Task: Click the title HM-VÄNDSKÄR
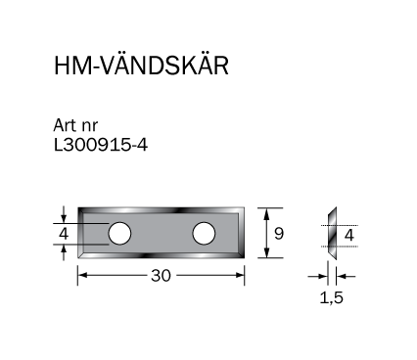[141, 66]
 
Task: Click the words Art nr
[75, 125]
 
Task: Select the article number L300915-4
[101, 145]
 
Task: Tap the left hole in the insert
[119, 234]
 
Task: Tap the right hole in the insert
[204, 234]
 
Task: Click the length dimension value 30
[161, 276]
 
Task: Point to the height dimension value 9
[279, 234]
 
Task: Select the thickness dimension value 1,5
[331, 297]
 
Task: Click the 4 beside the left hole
[64, 234]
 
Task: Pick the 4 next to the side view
[349, 235]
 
